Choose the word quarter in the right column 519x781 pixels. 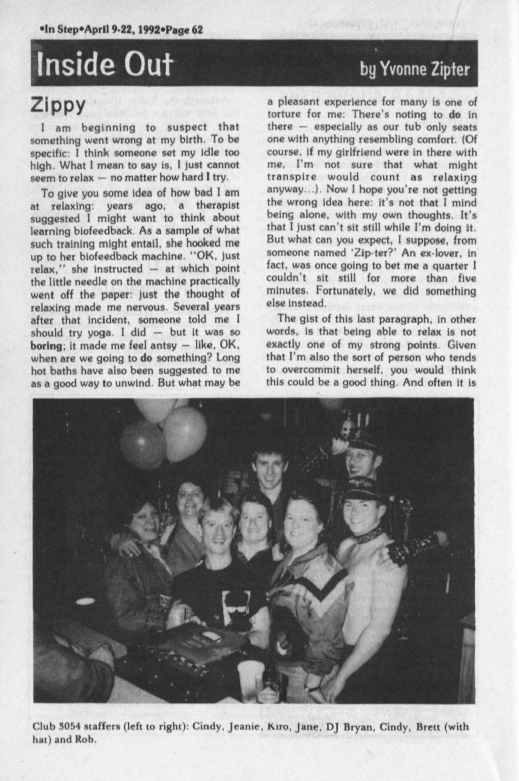[x=447, y=265]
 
